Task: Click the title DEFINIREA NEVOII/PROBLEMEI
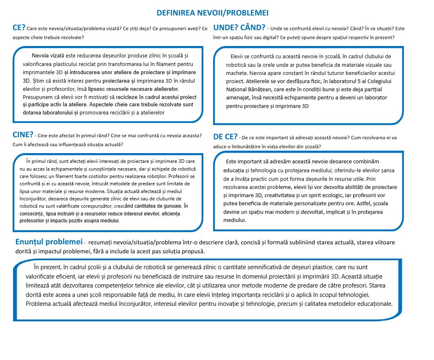(x=212, y=13)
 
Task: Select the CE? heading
(x=19, y=28)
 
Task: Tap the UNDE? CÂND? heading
(x=239, y=29)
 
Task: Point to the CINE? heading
(x=23, y=135)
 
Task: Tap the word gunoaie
(x=170, y=206)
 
